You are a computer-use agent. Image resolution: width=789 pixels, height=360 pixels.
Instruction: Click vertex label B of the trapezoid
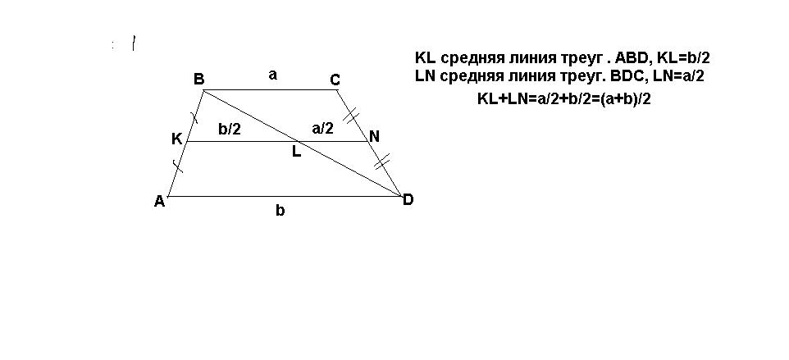click(x=198, y=80)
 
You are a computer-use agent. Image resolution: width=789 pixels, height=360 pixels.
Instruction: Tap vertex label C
click(x=335, y=80)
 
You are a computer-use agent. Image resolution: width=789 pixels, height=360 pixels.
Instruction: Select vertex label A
click(x=159, y=201)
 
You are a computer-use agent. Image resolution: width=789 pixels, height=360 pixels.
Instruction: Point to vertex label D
click(x=408, y=199)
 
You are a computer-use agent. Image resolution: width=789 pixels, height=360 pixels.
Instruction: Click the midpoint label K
click(x=176, y=139)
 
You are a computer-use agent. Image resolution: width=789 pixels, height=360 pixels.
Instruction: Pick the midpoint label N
click(x=374, y=137)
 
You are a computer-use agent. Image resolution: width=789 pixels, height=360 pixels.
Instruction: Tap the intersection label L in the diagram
click(x=296, y=152)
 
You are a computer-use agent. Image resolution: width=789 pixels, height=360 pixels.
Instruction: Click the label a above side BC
click(x=273, y=75)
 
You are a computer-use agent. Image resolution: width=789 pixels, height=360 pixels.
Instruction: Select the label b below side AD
click(x=280, y=211)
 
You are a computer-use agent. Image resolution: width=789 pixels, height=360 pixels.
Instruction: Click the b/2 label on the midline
click(x=230, y=129)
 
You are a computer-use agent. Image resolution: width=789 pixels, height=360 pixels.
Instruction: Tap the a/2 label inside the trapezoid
click(x=323, y=129)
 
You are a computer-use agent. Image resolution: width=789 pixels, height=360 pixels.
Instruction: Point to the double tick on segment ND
click(x=383, y=162)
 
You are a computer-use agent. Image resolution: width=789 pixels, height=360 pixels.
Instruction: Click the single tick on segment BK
click(x=194, y=117)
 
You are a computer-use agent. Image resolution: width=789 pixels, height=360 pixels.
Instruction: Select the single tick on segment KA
click(x=178, y=167)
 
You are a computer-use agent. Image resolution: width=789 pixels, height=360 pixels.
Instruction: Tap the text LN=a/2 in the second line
click(x=673, y=76)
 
